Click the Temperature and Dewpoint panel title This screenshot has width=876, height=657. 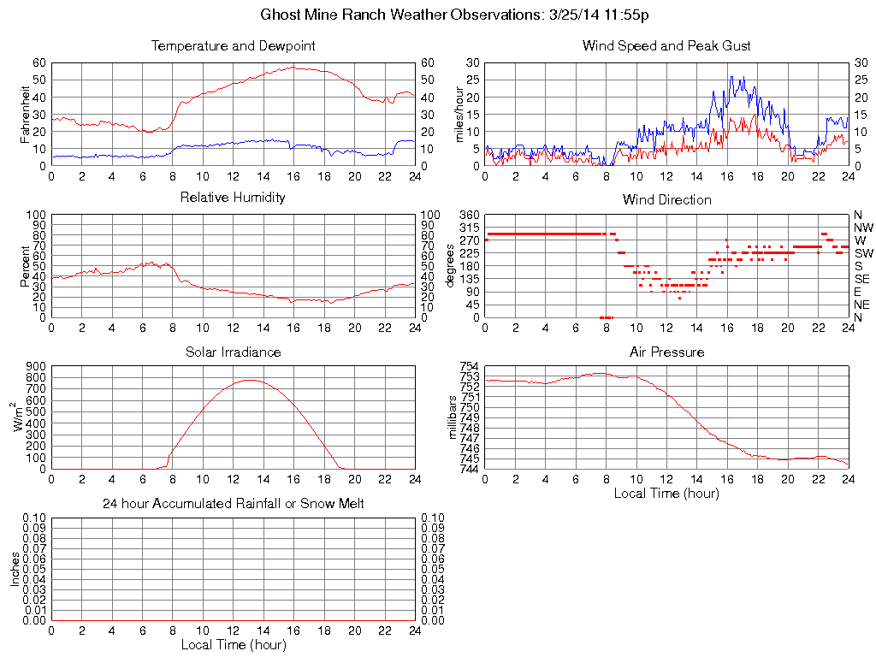234,46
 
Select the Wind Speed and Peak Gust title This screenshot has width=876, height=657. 666,46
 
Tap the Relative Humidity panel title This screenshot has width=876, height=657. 233,198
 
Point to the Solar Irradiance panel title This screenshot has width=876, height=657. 233,352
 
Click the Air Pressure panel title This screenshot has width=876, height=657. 666,352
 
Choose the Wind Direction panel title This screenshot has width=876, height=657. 666,200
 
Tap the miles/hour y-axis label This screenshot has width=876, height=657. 459,114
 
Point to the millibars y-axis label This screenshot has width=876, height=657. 454,417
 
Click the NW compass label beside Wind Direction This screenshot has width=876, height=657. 863,228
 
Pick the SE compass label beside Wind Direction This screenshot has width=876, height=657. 861,279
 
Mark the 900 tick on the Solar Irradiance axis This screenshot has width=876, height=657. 35,366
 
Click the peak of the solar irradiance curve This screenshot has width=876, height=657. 250,380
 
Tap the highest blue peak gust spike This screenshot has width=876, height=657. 731,76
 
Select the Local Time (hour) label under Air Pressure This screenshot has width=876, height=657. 666,493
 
